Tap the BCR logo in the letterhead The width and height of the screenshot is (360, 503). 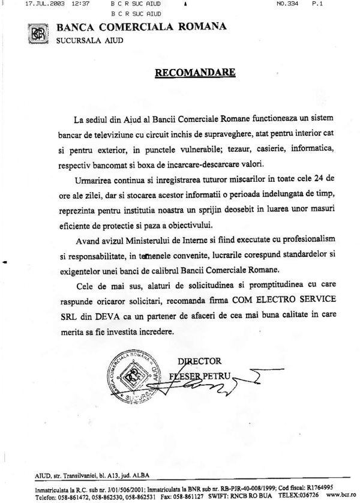click(x=38, y=33)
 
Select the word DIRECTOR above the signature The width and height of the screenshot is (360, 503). click(x=200, y=361)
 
